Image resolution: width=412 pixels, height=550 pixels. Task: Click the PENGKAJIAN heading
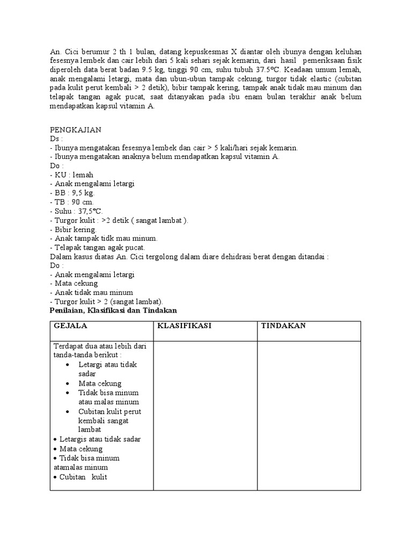tap(75, 129)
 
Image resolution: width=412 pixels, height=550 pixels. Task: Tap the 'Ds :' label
tap(57, 139)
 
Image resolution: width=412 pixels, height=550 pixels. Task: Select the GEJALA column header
tap(70, 326)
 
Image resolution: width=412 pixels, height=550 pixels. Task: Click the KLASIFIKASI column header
tap(183, 326)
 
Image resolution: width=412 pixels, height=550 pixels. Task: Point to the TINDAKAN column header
tap(283, 326)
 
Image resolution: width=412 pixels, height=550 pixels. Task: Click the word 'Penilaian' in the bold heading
tap(67, 310)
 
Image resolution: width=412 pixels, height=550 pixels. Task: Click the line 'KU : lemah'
tap(73, 175)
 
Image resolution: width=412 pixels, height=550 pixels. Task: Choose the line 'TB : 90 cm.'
tap(73, 202)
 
